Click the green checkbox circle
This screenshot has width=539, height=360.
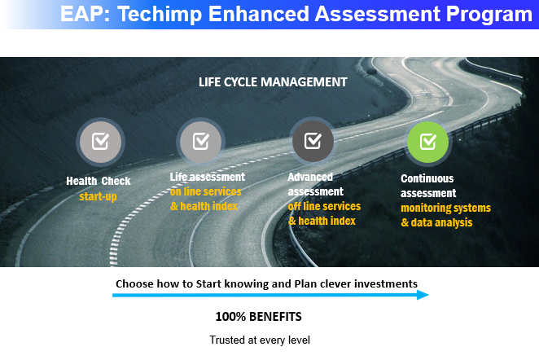pyautogui.click(x=427, y=142)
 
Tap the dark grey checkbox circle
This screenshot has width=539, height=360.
pyautogui.click(x=313, y=141)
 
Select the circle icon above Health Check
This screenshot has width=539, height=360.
pyautogui.click(x=100, y=142)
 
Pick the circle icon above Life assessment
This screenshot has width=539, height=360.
pyautogui.click(x=201, y=141)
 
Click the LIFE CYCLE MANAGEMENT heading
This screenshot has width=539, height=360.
pyautogui.click(x=273, y=82)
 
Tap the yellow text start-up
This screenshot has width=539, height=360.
pyautogui.click(x=98, y=196)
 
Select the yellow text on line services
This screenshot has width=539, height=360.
pyautogui.click(x=205, y=191)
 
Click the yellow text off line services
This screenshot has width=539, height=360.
pyautogui.click(x=324, y=206)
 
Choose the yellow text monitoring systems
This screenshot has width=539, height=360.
pyautogui.click(x=445, y=208)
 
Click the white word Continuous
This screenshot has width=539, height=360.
pyautogui.click(x=427, y=178)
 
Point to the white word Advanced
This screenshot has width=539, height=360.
pyautogui.click(x=310, y=177)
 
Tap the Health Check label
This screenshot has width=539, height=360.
pyautogui.click(x=99, y=181)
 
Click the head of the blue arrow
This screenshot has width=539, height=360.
pyautogui.click(x=423, y=295)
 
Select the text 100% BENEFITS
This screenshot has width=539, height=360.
pyautogui.click(x=258, y=317)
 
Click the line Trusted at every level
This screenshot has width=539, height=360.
pyautogui.click(x=260, y=340)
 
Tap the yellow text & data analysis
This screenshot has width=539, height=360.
pyautogui.click(x=436, y=222)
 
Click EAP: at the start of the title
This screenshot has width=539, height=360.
pyautogui.click(x=85, y=14)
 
